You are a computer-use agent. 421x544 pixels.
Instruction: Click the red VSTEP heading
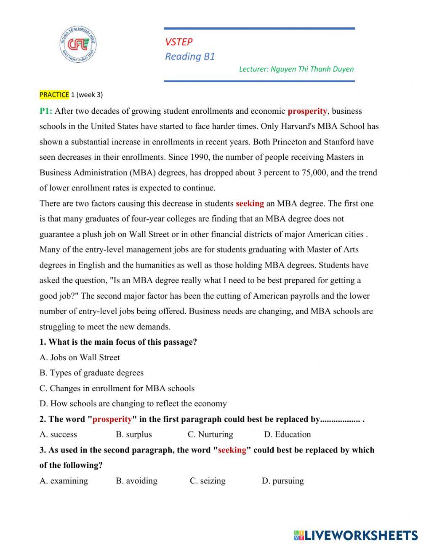pos(179,42)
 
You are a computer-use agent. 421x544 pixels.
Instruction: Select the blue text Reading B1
pos(190,56)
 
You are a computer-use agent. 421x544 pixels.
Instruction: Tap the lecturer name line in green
pos(296,69)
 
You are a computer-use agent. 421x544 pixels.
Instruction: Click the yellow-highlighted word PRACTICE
pos(54,95)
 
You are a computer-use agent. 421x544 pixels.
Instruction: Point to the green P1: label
pos(46,111)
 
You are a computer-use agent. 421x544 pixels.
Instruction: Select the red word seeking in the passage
pos(250,204)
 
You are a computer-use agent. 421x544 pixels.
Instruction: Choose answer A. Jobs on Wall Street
pos(80,357)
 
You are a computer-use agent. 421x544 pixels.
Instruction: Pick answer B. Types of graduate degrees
pos(91,373)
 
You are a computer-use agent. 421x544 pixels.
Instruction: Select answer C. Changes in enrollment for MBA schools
pos(117,388)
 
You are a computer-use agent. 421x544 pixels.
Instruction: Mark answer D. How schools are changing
pos(133,404)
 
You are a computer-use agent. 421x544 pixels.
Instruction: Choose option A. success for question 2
pos(58,434)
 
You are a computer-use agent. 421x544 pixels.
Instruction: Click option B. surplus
pos(134,434)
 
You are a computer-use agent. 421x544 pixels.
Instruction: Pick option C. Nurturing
pos(210,434)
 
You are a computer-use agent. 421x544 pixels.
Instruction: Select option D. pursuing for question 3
pos(282,481)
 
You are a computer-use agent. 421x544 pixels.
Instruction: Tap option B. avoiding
pos(136,481)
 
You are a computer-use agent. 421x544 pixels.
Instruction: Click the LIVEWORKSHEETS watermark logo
pos(356,535)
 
